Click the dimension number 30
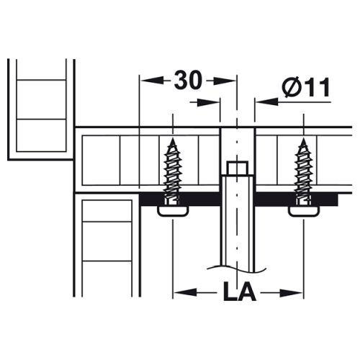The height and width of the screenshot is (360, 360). click(x=187, y=80)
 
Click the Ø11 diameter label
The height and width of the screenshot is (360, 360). click(x=306, y=87)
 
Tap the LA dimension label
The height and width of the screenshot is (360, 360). click(x=240, y=291)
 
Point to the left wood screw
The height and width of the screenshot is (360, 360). click(x=173, y=171)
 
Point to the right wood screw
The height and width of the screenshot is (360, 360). click(x=304, y=171)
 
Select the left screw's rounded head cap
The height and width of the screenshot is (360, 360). click(x=173, y=210)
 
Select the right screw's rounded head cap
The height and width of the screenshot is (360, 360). click(x=304, y=210)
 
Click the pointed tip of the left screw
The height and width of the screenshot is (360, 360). click(x=173, y=138)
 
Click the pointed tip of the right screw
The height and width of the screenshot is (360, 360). click(x=304, y=138)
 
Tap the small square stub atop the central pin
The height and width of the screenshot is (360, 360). click(x=238, y=168)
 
